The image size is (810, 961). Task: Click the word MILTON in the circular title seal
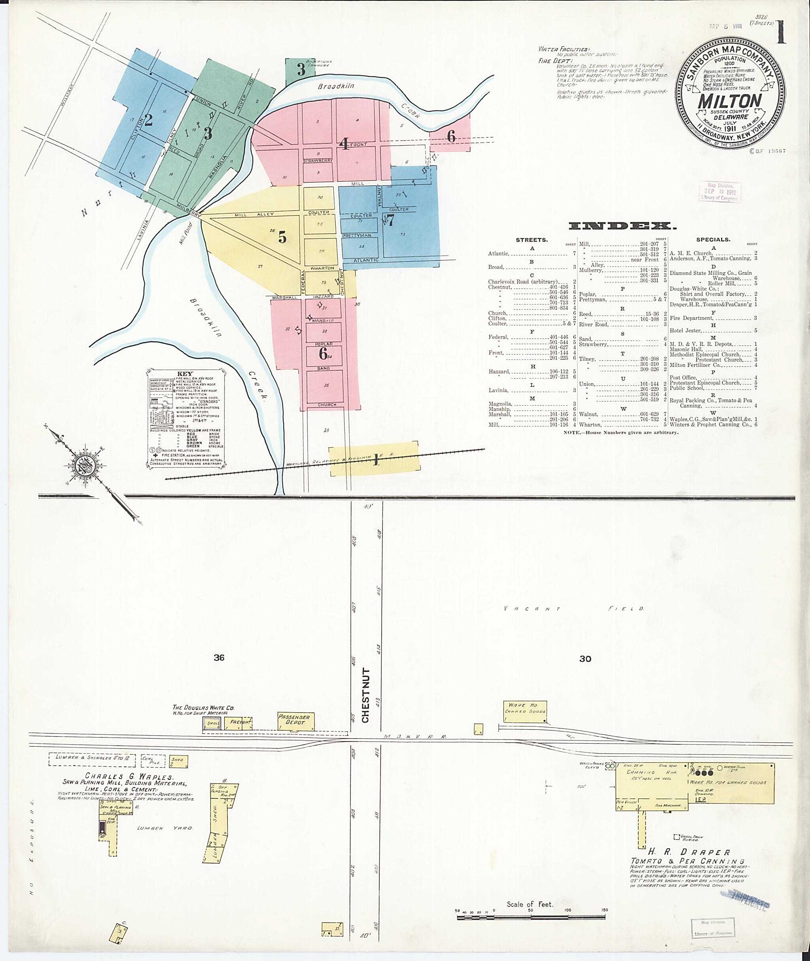[x=730, y=101]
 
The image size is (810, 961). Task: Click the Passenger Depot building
[x=294, y=721]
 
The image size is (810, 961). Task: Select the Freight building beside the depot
[x=240, y=722]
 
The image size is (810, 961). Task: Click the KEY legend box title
[x=185, y=373]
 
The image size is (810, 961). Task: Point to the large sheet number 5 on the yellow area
[x=282, y=237]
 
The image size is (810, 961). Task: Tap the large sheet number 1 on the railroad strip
[x=376, y=459]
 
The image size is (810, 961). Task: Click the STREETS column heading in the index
[x=531, y=240]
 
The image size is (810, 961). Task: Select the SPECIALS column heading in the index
[x=713, y=239]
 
